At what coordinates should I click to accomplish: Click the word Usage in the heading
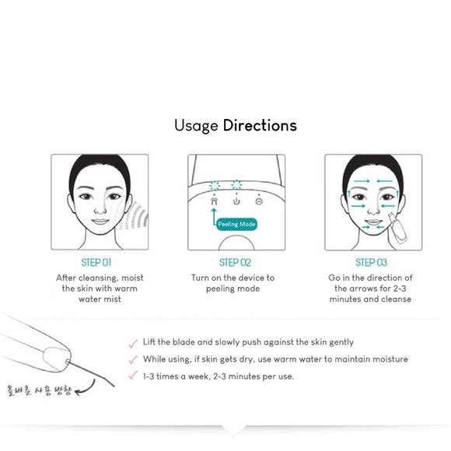coord(196,125)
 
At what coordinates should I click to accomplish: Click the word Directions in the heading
coord(260,125)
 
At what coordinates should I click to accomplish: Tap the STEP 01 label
coord(96,263)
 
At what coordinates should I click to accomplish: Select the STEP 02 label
coord(235,263)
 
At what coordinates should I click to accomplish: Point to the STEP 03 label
coord(371,263)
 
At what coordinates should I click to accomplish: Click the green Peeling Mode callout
coord(238,224)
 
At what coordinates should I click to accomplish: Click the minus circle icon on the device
coord(259,201)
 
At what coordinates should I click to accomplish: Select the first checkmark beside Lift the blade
coord(133,341)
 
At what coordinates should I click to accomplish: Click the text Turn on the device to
coord(233,278)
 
